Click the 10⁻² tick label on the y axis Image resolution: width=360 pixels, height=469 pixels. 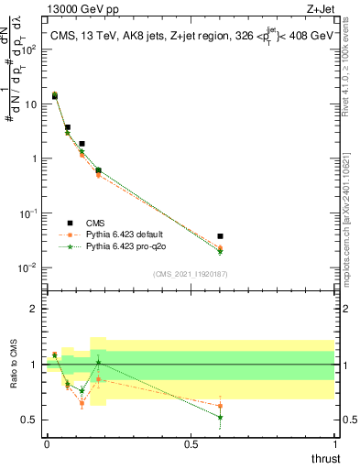pos(26,267)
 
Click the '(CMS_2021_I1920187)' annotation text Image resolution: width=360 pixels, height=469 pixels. pos(191,273)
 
